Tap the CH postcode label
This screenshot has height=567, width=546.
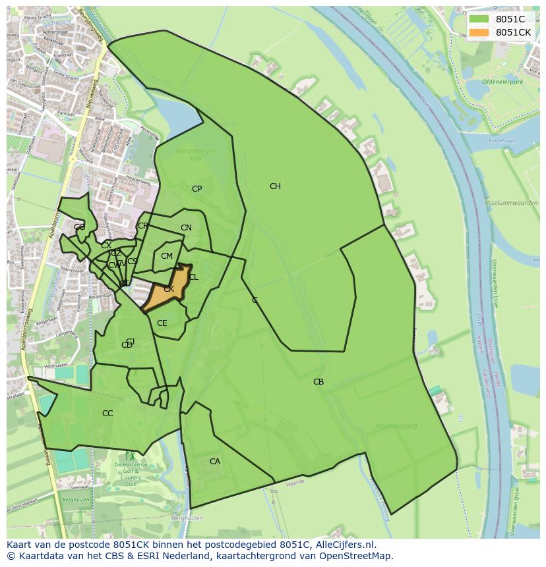(x=275, y=186)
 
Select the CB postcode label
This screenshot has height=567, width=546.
(x=318, y=382)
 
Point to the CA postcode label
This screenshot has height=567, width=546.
(x=215, y=462)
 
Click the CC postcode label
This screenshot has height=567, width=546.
(x=107, y=414)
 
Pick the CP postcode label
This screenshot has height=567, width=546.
(x=197, y=189)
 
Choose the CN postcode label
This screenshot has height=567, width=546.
(x=186, y=229)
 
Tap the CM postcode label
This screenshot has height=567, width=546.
(x=167, y=256)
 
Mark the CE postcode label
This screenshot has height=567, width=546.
(x=162, y=323)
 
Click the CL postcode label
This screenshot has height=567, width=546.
(x=193, y=277)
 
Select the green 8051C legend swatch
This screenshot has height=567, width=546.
(x=479, y=19)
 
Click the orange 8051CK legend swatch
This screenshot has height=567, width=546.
(x=479, y=32)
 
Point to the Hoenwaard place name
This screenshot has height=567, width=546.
(x=396, y=426)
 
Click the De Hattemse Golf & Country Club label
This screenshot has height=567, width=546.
(x=131, y=475)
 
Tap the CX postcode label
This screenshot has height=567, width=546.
(x=106, y=246)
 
